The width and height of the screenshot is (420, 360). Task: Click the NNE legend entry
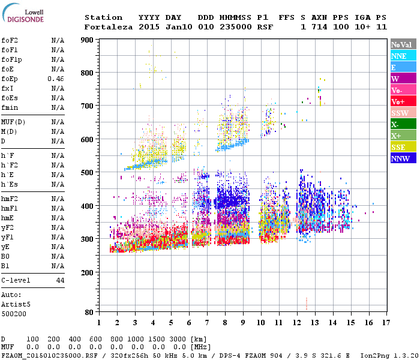point(403,56)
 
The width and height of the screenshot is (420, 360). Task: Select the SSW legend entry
point(403,113)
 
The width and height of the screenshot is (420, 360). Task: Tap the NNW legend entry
point(403,158)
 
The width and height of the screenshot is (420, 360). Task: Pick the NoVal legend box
point(403,44)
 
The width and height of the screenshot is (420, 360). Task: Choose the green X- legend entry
point(403,124)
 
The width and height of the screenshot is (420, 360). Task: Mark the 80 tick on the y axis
point(89,312)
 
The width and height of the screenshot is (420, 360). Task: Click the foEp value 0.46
point(56,79)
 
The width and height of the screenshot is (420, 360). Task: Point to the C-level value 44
point(60,280)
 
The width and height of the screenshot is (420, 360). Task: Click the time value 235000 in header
point(235,27)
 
